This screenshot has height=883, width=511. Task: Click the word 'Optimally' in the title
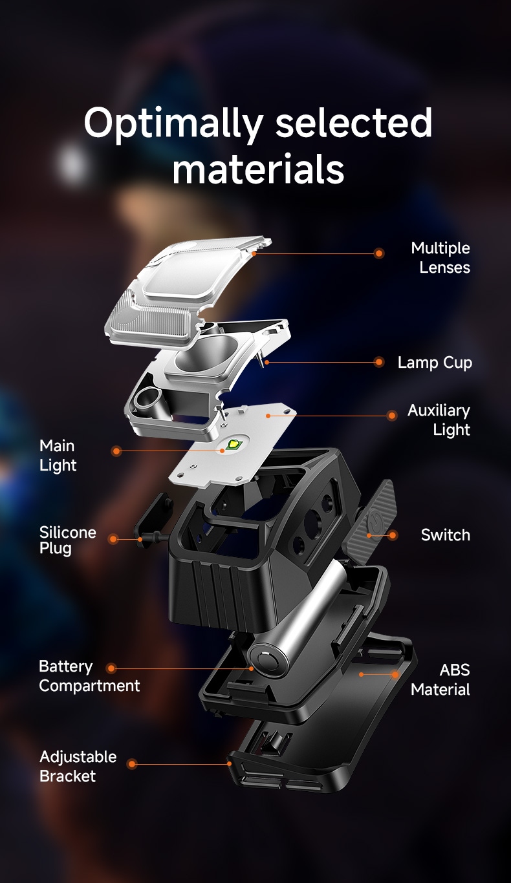[x=173, y=123]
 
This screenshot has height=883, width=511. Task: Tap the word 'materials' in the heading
[x=259, y=169]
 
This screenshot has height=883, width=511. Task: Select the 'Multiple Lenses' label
[x=440, y=258]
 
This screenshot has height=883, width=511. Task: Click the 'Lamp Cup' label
[x=435, y=363]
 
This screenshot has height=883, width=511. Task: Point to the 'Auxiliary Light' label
[x=439, y=420]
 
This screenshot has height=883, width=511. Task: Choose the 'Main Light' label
[x=58, y=456]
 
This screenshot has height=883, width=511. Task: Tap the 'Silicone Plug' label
[x=67, y=540]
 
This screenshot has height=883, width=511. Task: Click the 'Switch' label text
[x=446, y=535]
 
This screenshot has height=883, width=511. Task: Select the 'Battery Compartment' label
[x=89, y=676]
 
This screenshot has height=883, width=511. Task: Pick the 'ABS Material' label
[x=440, y=680]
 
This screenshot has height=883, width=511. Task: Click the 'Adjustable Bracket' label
[x=78, y=766]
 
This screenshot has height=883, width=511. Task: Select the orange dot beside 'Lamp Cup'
[x=379, y=362]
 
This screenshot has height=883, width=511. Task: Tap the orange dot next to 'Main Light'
[x=116, y=451]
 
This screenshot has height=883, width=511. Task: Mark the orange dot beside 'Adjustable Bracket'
[x=132, y=764]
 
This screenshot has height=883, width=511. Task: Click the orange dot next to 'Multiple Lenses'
[x=379, y=253]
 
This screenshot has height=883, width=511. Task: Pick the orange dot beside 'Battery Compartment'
[x=111, y=668]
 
